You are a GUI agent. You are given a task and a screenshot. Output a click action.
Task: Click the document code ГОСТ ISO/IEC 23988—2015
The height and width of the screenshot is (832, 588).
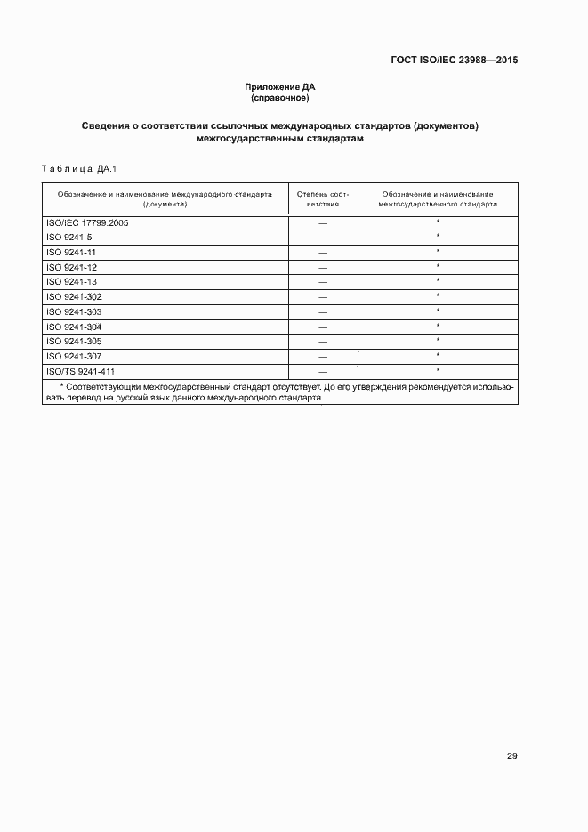(x=454, y=61)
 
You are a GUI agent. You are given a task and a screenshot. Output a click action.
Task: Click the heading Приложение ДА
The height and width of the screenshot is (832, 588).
(x=280, y=86)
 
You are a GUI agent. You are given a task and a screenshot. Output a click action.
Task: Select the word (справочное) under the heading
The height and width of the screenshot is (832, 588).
(x=280, y=97)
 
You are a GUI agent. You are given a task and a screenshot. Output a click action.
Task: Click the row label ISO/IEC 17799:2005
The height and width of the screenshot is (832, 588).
(x=87, y=222)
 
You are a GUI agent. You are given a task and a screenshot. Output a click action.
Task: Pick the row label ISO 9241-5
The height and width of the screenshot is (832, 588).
(x=69, y=238)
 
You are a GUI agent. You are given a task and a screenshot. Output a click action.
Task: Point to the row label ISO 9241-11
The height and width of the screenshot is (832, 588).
(x=71, y=253)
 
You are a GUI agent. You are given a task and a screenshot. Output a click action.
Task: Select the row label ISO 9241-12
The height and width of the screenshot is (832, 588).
(x=71, y=267)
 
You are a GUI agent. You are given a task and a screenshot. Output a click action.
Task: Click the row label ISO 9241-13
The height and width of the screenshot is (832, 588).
(x=71, y=282)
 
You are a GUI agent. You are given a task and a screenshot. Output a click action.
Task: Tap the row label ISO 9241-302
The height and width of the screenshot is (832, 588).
(x=74, y=296)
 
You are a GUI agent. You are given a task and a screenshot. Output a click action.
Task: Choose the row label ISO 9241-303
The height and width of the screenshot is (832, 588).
(x=74, y=311)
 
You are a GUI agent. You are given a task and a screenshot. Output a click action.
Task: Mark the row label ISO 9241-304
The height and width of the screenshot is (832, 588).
(x=74, y=327)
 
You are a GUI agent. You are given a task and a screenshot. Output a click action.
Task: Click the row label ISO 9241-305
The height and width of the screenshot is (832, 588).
(x=74, y=341)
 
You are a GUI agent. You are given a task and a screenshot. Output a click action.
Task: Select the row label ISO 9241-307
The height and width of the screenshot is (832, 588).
(x=74, y=356)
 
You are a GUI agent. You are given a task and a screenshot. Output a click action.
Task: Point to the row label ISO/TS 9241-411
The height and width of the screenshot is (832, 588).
(x=81, y=371)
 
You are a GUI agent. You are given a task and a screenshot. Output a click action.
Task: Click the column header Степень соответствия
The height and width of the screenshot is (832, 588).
(x=323, y=198)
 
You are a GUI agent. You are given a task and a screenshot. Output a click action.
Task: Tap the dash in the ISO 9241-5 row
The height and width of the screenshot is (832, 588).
(x=323, y=238)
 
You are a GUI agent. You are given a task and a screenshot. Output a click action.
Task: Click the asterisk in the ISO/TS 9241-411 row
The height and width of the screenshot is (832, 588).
(x=438, y=370)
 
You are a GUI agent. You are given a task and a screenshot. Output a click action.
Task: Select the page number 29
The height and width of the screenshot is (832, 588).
(x=511, y=756)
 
